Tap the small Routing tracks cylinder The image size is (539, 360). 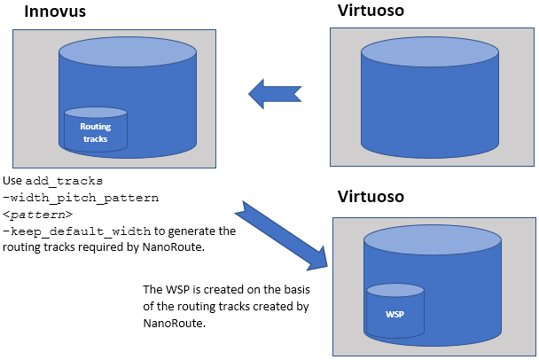point(96,131)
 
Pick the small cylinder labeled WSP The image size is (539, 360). point(394,315)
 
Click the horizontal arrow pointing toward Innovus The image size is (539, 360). point(275,91)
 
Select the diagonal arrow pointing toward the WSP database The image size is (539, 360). point(284,237)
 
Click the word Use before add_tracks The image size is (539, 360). point(12,181)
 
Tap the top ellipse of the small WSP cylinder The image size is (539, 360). point(394,291)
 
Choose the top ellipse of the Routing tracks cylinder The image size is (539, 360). point(96,113)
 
